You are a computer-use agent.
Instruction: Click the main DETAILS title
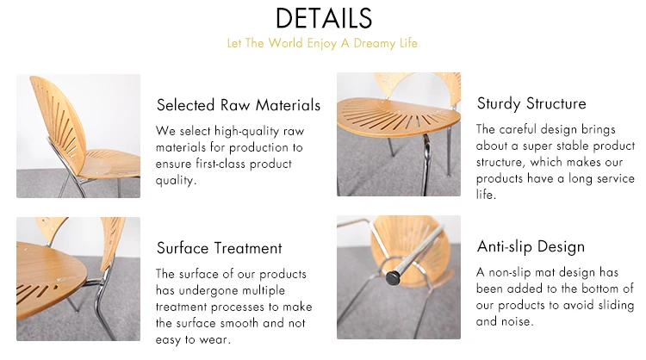tap(323, 17)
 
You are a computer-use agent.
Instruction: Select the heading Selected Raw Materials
tap(239, 106)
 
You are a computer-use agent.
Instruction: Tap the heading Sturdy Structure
tap(531, 104)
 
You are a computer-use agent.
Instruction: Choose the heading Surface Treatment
tap(220, 248)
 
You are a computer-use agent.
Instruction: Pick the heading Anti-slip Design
tap(531, 247)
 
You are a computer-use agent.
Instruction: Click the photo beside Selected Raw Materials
tap(78, 136)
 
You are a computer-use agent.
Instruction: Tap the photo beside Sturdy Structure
tap(399, 133)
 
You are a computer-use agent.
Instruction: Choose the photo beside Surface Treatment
tap(78, 278)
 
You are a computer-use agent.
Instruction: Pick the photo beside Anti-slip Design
tap(399, 277)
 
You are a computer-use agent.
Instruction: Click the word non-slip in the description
tap(517, 272)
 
